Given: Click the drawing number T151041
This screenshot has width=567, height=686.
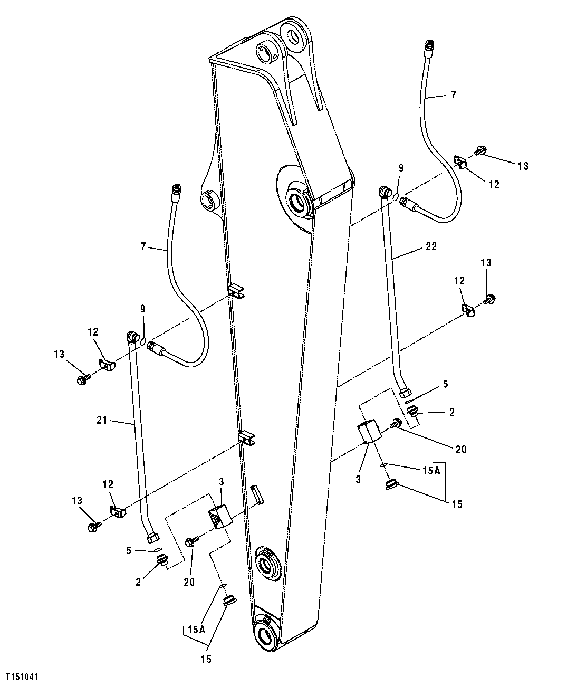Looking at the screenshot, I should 22,675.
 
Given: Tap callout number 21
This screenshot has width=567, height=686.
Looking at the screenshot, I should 102,421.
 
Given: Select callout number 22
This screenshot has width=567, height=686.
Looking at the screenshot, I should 431,246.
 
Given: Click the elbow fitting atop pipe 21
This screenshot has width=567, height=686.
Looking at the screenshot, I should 132,336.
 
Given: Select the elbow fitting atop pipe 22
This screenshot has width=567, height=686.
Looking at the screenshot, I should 385,191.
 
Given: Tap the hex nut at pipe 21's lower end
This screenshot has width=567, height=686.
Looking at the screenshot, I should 153,538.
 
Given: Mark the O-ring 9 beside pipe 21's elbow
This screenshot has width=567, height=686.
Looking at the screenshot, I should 143,342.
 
